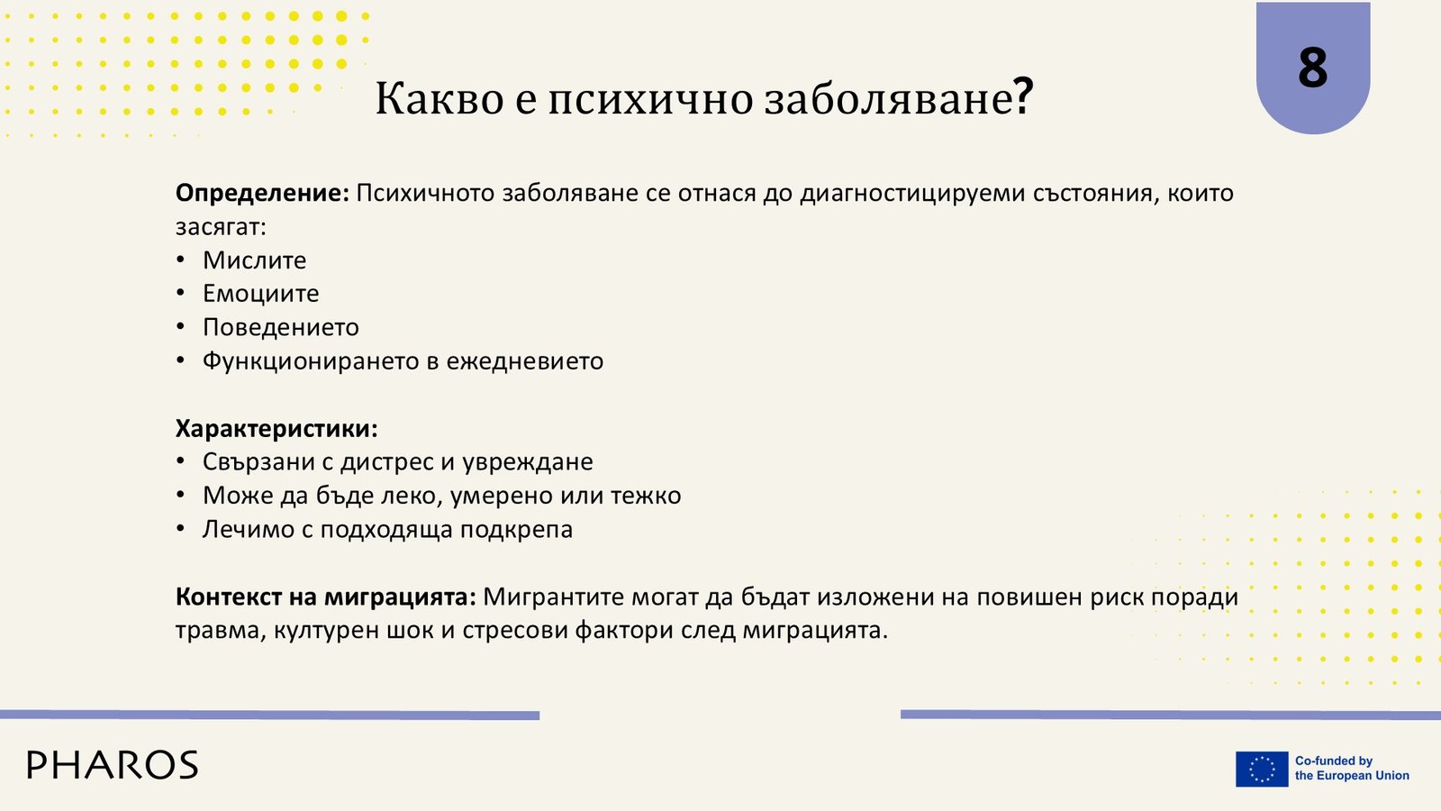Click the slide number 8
(x=1312, y=68)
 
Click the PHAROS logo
(x=113, y=765)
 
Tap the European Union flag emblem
(x=1262, y=769)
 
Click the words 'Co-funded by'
(x=1334, y=761)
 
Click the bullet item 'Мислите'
(x=254, y=260)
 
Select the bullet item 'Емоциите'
(x=260, y=294)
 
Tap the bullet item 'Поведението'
(x=280, y=327)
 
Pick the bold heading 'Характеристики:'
(x=276, y=428)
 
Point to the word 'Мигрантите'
(x=554, y=597)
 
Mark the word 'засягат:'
(x=221, y=227)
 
